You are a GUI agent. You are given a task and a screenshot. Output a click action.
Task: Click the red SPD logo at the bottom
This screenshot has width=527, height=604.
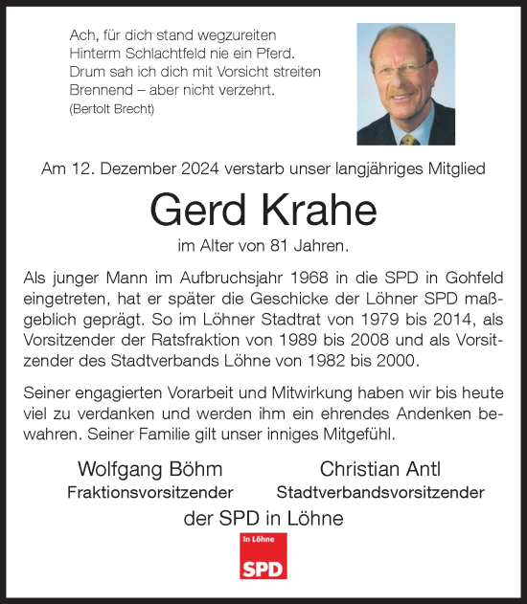[263, 556]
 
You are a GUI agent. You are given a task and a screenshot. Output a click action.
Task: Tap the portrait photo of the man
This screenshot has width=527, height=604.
[405, 83]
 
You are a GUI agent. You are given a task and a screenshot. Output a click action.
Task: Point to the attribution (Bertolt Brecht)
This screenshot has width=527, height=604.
[112, 109]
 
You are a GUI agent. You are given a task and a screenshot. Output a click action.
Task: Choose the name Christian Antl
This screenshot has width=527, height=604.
[379, 470]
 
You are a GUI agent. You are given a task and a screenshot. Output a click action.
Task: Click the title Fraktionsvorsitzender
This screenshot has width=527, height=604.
[149, 493]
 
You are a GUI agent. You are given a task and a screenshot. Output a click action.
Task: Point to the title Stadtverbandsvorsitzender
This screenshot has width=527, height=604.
[379, 493]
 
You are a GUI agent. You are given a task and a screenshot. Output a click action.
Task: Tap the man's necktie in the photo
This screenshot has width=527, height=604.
[410, 138]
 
